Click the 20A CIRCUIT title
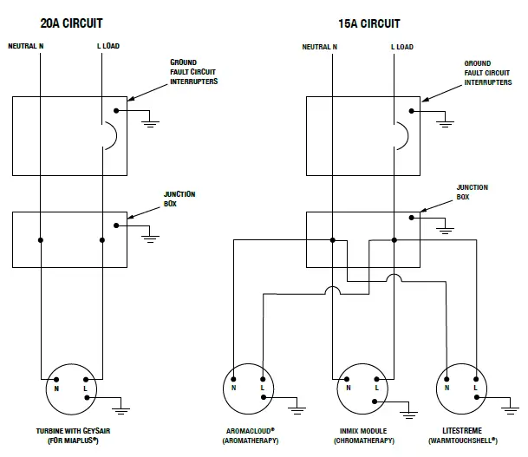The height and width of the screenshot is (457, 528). pos(71,23)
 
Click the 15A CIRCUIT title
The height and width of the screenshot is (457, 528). pos(369,23)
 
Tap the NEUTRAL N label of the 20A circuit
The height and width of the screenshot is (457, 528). pos(26,46)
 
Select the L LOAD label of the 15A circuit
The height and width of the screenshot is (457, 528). pos(402,47)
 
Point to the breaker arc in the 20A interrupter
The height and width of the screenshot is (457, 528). pos(116,135)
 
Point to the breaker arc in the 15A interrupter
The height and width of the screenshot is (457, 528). pos(407,135)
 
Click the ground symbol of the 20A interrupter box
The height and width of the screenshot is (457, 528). pos(151,124)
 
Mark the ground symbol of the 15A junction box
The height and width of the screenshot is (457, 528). pos(445,231)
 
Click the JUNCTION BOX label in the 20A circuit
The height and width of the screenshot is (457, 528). pos(179,199)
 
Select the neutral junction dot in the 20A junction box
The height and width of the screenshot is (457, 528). pos(41,240)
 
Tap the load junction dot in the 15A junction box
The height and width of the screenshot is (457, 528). pos(394,240)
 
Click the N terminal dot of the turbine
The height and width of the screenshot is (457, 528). pos(56,380)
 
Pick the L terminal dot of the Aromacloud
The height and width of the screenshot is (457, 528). pos(263,379)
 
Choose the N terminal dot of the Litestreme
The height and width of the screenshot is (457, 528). pos(447,379)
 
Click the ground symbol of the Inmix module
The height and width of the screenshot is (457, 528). pos(409,415)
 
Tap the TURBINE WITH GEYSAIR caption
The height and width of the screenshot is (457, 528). pos(73,431)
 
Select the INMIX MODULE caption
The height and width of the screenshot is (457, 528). pos(363,431)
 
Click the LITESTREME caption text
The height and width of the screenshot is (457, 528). pos(462,430)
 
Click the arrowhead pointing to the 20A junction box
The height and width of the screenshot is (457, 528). pos(131,217)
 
